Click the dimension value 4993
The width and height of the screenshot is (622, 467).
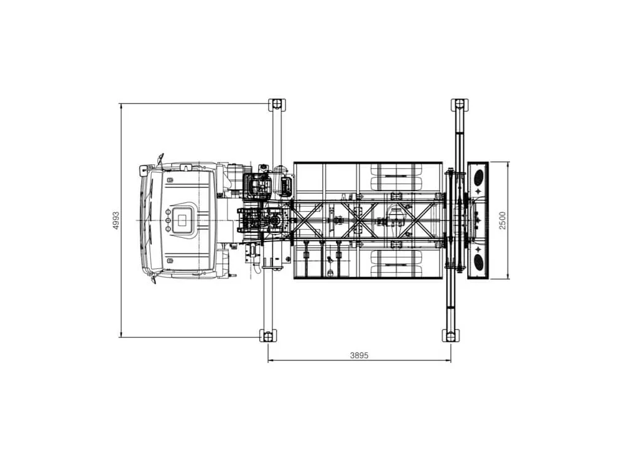116,220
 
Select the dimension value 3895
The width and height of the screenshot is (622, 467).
359,356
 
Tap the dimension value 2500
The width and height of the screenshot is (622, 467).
503,220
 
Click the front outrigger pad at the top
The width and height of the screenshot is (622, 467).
277,105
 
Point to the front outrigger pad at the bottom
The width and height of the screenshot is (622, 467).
267,336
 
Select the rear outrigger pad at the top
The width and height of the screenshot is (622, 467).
460,105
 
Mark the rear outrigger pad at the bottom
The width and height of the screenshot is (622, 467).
451,336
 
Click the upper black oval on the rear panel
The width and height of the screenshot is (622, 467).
479,177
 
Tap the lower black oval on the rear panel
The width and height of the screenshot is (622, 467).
479,262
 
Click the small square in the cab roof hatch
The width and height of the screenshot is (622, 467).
182,220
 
